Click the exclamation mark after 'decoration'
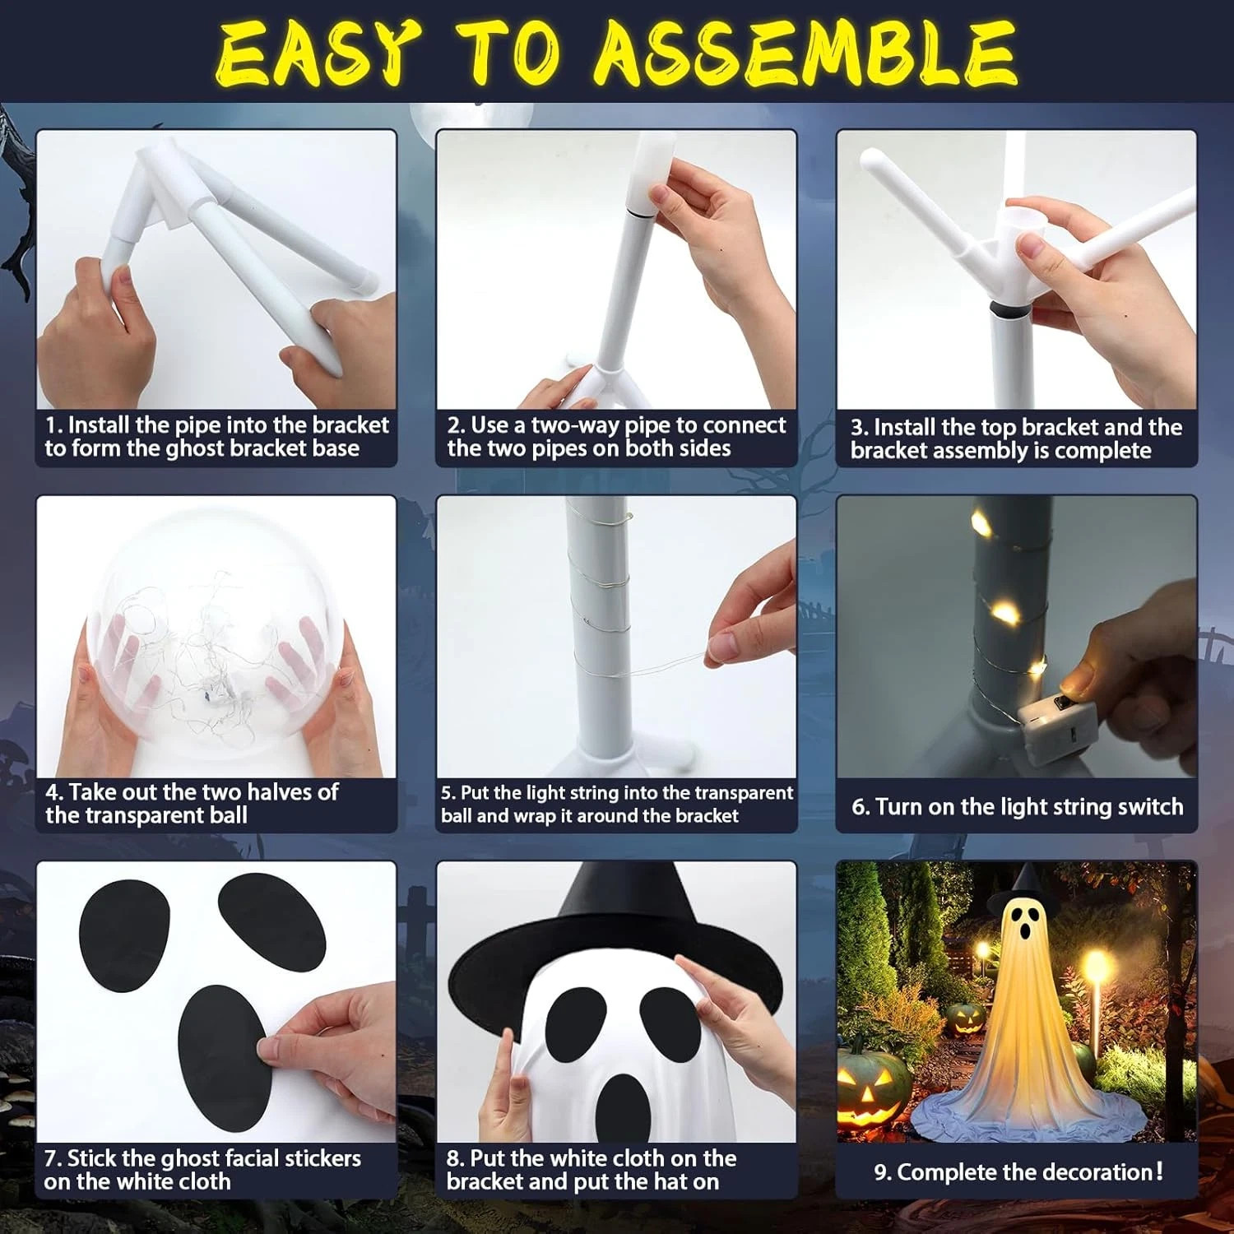coord(1160,1171)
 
